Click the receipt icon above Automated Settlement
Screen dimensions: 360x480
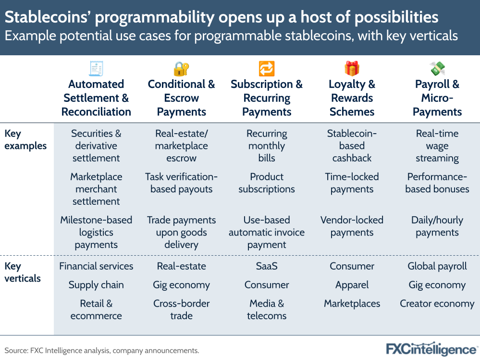pos(96,69)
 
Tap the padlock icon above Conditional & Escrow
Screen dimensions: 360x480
pos(181,69)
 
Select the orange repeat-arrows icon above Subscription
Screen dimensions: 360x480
pos(267,69)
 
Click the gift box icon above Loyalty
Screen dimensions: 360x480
pos(352,69)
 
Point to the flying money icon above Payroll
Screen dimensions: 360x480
pos(437,69)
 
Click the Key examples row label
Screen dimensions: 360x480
pos(25,140)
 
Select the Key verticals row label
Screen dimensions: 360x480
pos(23,272)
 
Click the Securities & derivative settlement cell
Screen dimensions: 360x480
pos(96,146)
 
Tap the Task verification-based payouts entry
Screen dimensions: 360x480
pos(181,183)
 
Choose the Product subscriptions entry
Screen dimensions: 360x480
pos(267,183)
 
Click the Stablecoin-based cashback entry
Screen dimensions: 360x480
pos(352,146)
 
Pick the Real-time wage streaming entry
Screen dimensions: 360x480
pos(437,146)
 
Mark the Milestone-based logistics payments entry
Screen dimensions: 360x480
pos(96,232)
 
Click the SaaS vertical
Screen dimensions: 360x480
pos(267,266)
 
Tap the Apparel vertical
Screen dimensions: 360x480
pos(352,285)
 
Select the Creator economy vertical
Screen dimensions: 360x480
pos(437,304)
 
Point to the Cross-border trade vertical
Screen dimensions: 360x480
pos(181,310)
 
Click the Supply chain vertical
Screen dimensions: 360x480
pos(96,285)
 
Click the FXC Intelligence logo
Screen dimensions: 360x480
pos(431,348)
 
